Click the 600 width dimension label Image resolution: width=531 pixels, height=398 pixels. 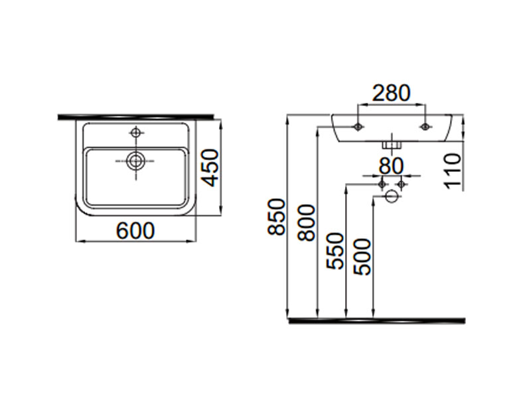(135, 231)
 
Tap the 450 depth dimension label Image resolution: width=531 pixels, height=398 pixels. (212, 168)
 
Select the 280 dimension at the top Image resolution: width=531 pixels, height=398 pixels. (391, 93)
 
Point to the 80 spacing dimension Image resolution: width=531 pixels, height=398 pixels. (392, 166)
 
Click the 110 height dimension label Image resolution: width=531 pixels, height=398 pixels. (453, 169)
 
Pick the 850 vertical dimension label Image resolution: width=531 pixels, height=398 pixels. (276, 217)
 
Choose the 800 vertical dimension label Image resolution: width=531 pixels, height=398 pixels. (307, 222)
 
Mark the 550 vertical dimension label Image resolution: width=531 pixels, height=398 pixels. (335, 251)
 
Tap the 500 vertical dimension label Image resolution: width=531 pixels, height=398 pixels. (362, 257)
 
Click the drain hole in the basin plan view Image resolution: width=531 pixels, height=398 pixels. (136, 161)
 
